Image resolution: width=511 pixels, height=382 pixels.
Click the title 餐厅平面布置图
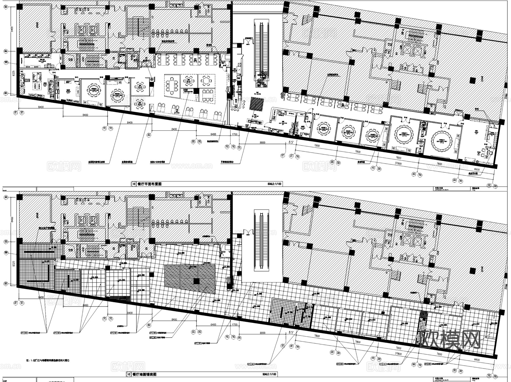pos(149,184)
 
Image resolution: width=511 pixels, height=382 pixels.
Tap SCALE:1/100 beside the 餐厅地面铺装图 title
pos(270,374)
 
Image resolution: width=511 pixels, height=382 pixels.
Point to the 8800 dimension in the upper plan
pos(262,142)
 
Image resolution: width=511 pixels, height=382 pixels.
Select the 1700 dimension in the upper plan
pos(234,134)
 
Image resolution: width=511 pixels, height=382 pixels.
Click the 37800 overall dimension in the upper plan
pos(398,164)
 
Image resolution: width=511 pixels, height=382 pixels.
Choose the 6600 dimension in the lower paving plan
pos(476,360)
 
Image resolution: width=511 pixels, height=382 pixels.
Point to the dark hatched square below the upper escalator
pos(257,104)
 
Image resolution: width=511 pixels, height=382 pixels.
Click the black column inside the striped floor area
pos(196,281)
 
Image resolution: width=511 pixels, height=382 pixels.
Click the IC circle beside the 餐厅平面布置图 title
pos(134,184)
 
